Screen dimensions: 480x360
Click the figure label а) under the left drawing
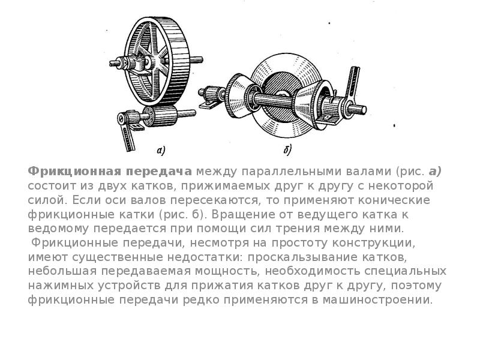[161, 151]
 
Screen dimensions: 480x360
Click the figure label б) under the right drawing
[287, 150]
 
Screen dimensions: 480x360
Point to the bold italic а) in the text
[435, 172]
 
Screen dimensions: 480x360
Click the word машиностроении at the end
[377, 300]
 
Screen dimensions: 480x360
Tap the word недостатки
[202, 257]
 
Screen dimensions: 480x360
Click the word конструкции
[373, 244]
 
